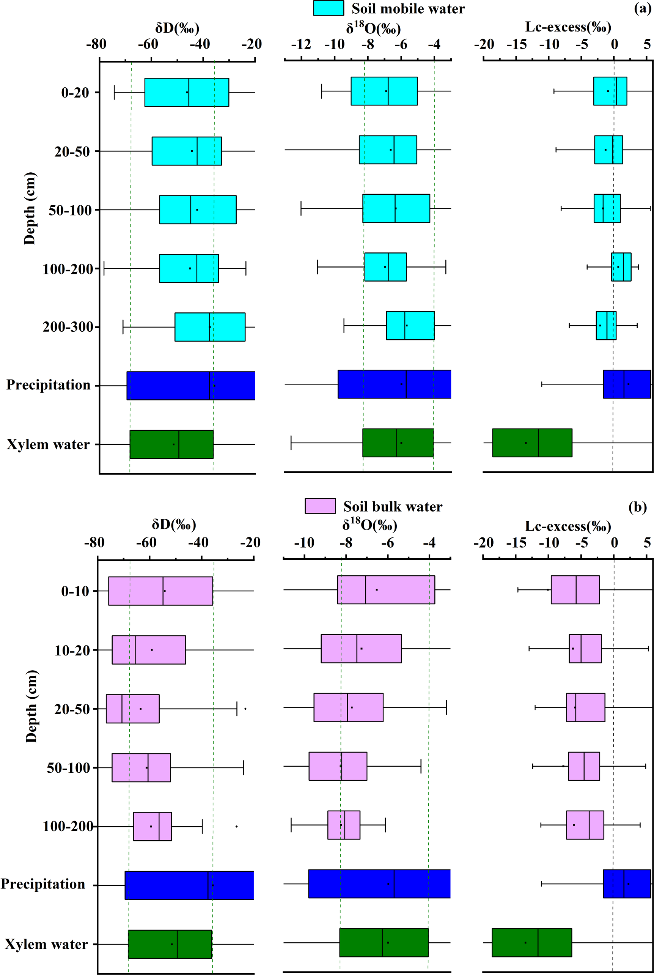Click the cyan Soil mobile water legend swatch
click(329, 8)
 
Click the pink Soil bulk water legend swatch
click(320, 506)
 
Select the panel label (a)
click(642, 8)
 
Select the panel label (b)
click(638, 507)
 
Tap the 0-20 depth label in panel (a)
click(75, 92)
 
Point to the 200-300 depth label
click(68, 327)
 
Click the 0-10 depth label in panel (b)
click(75, 591)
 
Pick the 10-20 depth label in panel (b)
click(72, 650)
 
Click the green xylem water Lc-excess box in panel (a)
click(532, 443)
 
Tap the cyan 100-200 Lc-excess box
click(621, 267)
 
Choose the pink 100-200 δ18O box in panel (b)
click(344, 825)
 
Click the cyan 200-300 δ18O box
click(410, 325)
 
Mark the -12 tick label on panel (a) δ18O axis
click(301, 44)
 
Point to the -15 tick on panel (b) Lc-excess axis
click(516, 542)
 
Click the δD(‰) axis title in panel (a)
click(177, 28)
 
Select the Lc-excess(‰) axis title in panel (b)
click(568, 526)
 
